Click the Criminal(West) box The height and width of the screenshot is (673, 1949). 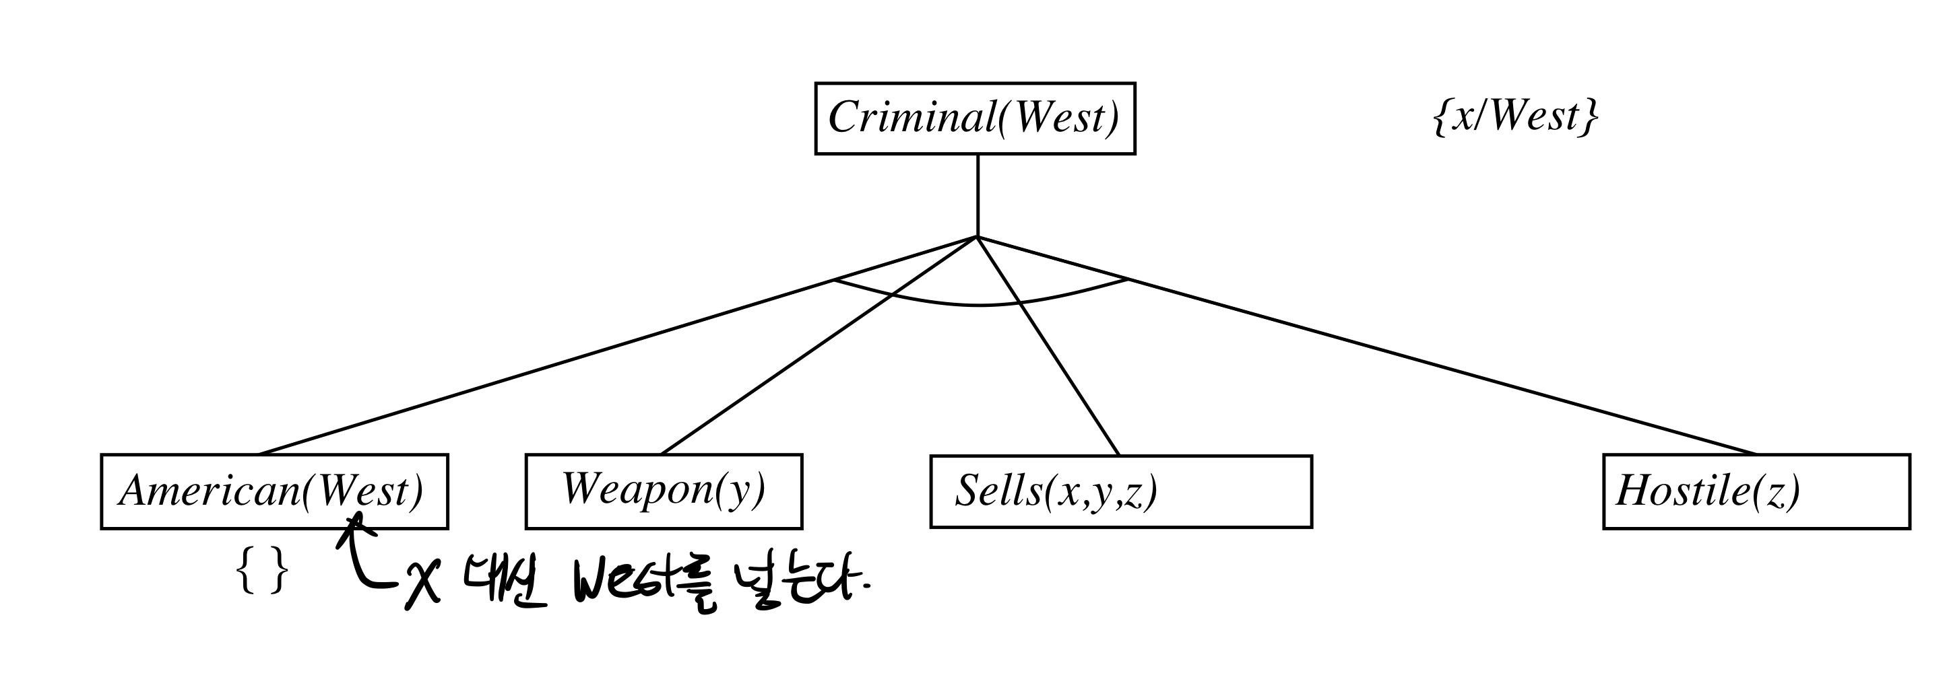(974, 118)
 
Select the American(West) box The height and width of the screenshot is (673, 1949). (274, 491)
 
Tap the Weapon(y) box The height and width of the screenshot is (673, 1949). (664, 491)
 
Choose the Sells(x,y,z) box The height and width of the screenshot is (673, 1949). (1120, 491)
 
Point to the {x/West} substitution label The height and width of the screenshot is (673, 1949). (1515, 117)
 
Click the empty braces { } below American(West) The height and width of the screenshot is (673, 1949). (262, 571)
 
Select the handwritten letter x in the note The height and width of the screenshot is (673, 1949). (422, 586)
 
